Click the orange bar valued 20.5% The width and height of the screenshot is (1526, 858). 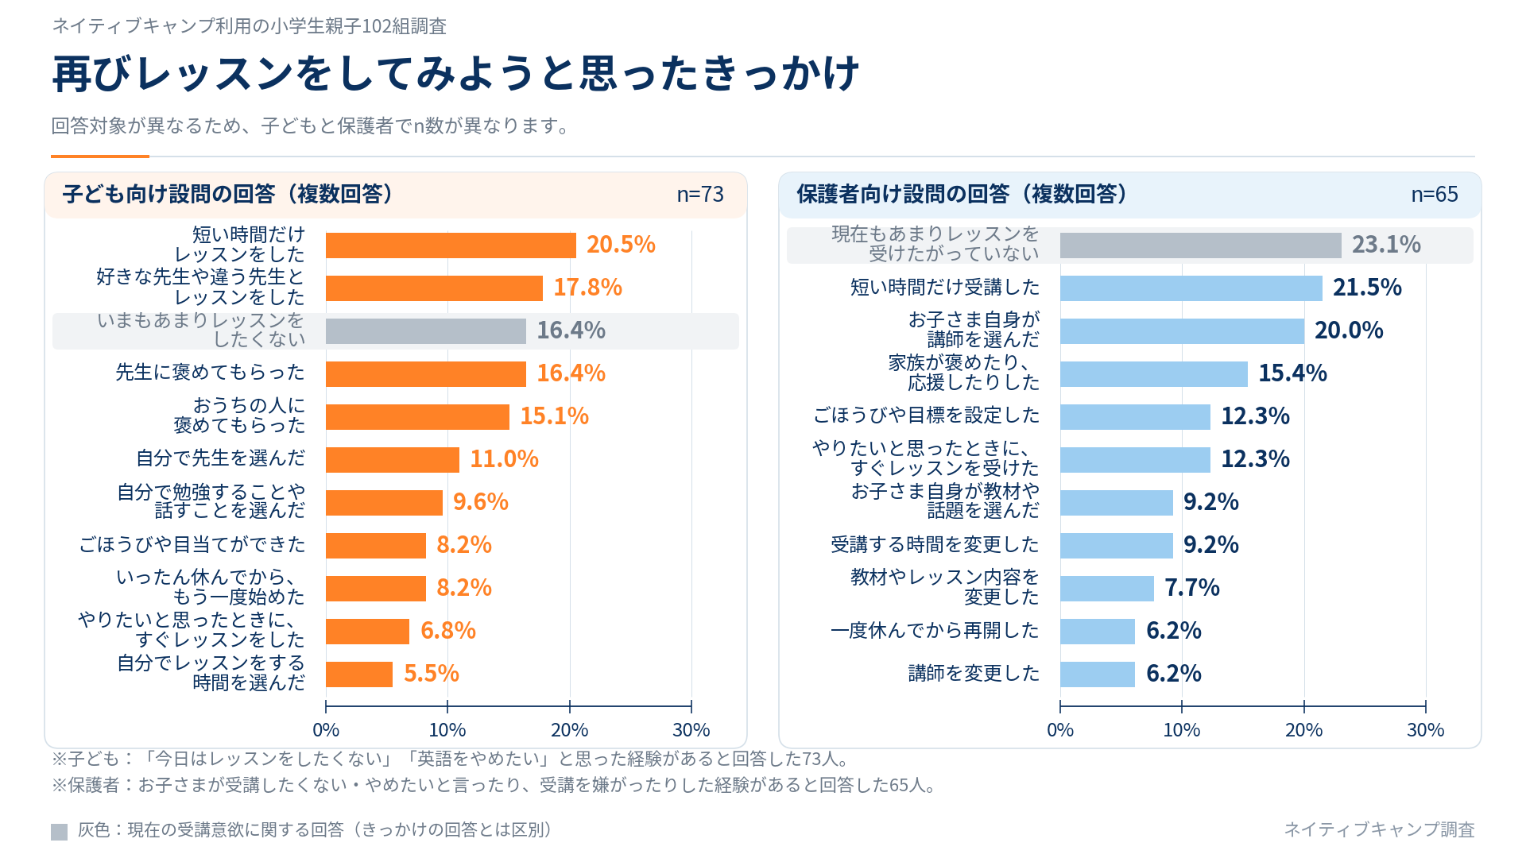(451, 245)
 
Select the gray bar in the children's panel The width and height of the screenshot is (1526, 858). (426, 331)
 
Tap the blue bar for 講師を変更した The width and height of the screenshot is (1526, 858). (1098, 674)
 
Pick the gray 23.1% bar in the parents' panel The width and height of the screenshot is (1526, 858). (1201, 245)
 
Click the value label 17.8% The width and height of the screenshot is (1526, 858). (587, 288)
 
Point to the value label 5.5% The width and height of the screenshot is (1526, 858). (432, 674)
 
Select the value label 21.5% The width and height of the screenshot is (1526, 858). (1367, 288)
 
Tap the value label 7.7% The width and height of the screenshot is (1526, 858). (1192, 588)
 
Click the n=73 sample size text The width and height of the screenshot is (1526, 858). (700, 195)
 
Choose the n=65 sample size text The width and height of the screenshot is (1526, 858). (1435, 195)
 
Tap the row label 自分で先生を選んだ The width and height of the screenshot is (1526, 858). (221, 458)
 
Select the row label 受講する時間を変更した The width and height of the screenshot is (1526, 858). (935, 545)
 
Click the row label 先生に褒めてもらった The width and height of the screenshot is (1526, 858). (211, 373)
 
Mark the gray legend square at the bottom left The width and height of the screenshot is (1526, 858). (60, 832)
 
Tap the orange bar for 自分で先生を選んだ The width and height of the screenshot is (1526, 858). (393, 460)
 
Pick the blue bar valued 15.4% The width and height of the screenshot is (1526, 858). (1154, 374)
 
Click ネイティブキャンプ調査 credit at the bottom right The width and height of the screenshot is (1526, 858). (1380, 829)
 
